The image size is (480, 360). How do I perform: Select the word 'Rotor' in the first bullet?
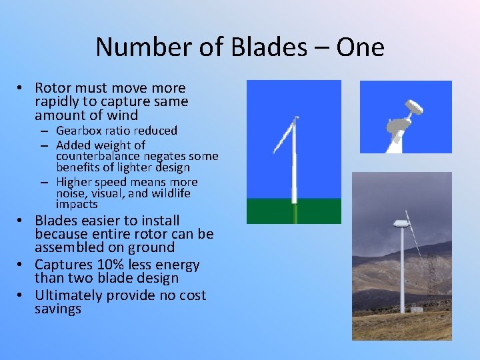click(54, 88)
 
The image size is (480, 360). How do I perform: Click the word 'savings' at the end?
click(58, 309)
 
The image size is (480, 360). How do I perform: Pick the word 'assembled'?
click(68, 247)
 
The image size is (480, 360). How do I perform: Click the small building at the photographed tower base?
click(417, 309)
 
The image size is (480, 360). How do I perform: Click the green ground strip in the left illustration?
click(293, 211)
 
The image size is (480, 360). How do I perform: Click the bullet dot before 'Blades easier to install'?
click(22, 221)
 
